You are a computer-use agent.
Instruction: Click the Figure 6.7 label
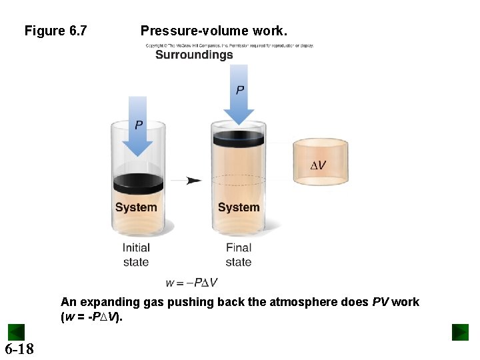(55, 31)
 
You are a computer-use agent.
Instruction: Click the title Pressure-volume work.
(214, 31)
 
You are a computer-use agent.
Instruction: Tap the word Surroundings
(194, 55)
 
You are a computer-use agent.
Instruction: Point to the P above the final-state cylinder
(239, 89)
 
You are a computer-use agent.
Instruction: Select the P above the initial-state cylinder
(139, 125)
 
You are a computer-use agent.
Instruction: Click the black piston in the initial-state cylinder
(138, 183)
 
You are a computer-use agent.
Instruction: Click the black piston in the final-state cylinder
(238, 137)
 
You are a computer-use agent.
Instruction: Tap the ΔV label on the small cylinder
(319, 165)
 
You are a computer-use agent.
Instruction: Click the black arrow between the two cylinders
(193, 180)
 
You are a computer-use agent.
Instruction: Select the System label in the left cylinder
(136, 207)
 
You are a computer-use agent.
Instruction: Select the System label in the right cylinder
(239, 207)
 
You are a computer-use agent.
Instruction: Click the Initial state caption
(136, 255)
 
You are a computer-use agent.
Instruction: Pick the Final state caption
(239, 255)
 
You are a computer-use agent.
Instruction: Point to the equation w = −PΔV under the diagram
(195, 282)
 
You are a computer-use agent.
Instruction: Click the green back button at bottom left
(16, 332)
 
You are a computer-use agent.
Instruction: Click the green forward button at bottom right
(460, 332)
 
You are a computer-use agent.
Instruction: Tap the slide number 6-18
(19, 349)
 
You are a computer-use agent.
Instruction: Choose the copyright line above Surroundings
(230, 45)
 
